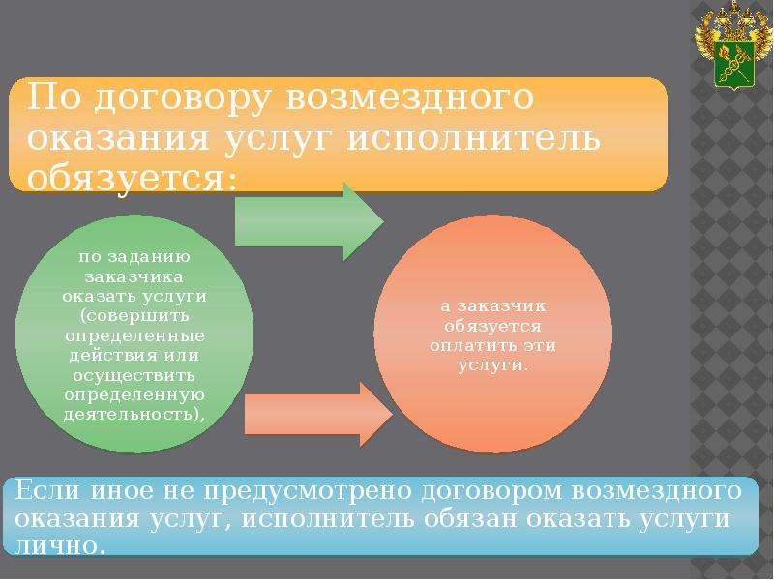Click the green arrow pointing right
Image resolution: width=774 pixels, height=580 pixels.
point(309,221)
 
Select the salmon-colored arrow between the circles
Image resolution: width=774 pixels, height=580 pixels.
point(318,415)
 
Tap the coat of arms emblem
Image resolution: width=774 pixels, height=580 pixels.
point(733,45)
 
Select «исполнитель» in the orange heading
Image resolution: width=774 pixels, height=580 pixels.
point(474,137)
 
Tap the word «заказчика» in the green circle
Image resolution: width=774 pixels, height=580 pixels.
point(134,276)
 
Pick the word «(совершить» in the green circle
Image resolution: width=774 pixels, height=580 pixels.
point(134,316)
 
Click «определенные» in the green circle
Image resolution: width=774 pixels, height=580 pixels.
point(134,336)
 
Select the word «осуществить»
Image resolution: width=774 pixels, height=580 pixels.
point(134,376)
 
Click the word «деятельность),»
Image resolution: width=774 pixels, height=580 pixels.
point(134,415)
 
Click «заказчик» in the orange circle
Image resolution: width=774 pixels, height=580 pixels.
point(501,306)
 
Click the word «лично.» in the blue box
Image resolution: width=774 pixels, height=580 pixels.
point(60,546)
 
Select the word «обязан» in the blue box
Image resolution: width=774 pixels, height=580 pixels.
point(471,519)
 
